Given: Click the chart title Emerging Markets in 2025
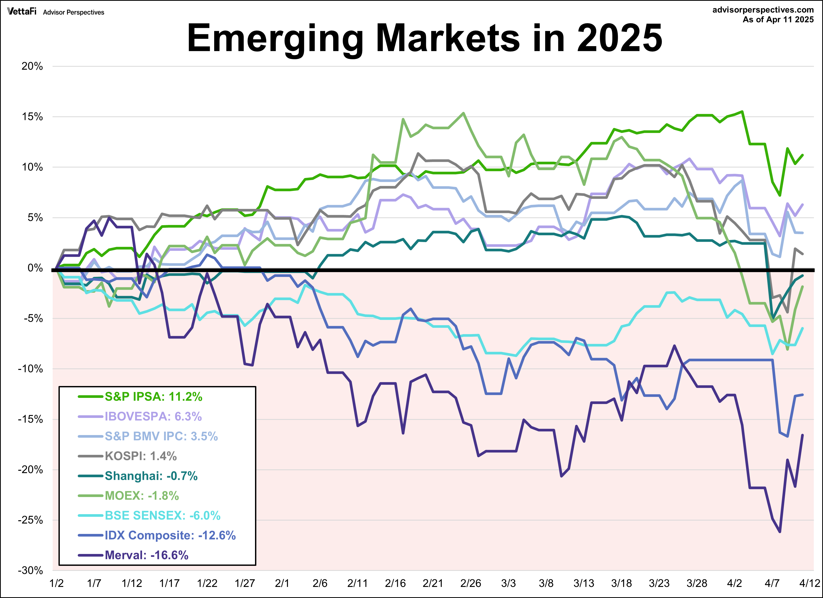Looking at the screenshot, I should [425, 38].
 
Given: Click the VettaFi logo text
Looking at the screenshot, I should [22, 11].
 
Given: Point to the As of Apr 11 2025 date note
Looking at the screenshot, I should [778, 20].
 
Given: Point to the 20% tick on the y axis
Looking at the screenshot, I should [32, 66].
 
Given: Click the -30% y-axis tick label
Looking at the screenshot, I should [31, 570].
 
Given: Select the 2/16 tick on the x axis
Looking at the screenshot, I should [395, 583].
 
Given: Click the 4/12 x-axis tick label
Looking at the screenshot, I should [810, 583].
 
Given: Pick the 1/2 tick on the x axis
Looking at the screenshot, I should [56, 583].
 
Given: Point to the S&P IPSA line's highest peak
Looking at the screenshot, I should [742, 112].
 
